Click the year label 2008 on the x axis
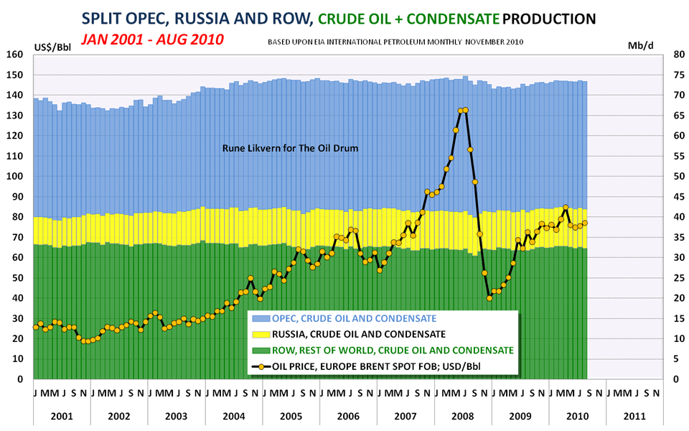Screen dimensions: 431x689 (x=462, y=415)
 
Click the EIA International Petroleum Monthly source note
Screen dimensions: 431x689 (x=395, y=42)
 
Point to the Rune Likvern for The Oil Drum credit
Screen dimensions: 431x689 (x=290, y=149)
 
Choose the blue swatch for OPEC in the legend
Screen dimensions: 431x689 (x=261, y=318)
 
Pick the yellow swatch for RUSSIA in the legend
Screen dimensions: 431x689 (x=261, y=334)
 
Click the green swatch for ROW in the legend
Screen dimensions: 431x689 (x=261, y=350)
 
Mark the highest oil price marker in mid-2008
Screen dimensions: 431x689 (x=465, y=110)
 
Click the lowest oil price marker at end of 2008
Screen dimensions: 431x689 (x=489, y=297)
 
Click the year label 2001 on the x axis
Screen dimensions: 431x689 (x=61, y=415)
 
